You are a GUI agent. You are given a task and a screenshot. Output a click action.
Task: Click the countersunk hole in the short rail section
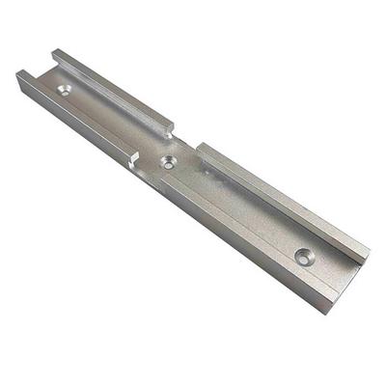[66, 90]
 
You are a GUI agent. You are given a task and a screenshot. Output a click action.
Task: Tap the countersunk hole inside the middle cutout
[169, 162]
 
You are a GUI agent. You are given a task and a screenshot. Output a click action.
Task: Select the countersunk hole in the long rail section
[304, 257]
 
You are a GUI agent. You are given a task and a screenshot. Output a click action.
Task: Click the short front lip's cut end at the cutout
[134, 157]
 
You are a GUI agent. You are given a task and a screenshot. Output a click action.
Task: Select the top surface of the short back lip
[111, 87]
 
